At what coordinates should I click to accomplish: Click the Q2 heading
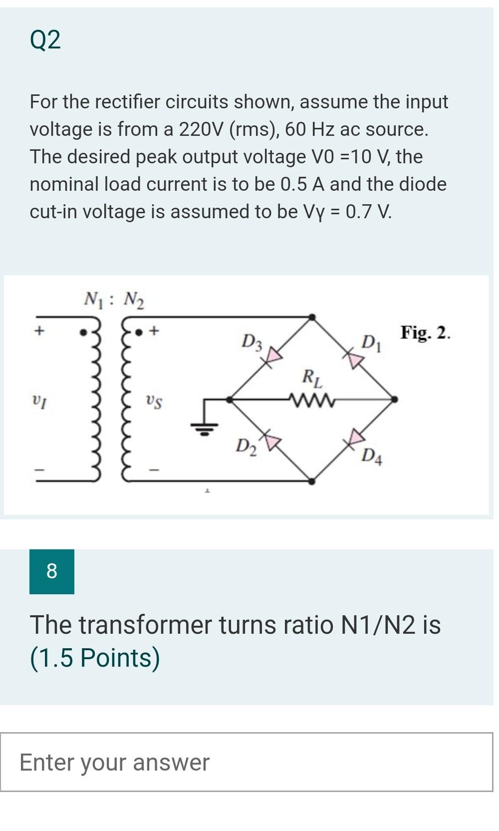pyautogui.click(x=45, y=40)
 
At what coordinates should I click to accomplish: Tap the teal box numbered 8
pyautogui.click(x=52, y=571)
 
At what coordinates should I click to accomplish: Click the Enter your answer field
pyautogui.click(x=247, y=762)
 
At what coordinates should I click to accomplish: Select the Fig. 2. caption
pyautogui.click(x=425, y=332)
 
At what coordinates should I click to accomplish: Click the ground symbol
pyautogui.click(x=204, y=427)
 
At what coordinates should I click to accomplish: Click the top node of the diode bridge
pyautogui.click(x=312, y=317)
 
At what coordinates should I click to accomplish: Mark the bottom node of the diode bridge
pyautogui.click(x=312, y=481)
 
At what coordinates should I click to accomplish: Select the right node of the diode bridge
pyautogui.click(x=394, y=400)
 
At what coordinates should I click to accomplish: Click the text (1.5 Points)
pyautogui.click(x=95, y=658)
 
